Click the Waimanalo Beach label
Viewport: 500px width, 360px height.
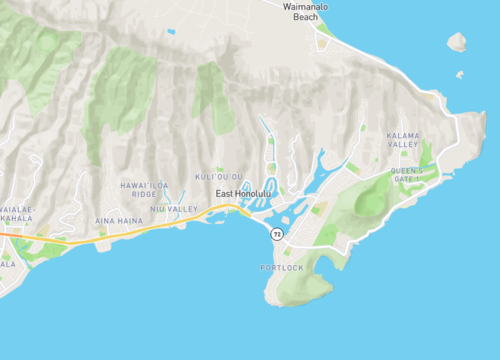305,12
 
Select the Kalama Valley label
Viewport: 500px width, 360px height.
403,140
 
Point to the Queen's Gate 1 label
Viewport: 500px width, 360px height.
407,174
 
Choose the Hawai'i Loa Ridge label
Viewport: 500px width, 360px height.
138,189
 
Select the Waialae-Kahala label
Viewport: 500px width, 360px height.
18,212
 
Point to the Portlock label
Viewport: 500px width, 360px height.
281,268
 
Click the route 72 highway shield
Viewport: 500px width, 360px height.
277,233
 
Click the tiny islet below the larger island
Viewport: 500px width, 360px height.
459,74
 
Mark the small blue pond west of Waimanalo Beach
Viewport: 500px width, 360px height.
171,31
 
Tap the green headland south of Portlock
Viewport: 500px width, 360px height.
300,290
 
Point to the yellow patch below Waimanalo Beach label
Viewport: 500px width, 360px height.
323,43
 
